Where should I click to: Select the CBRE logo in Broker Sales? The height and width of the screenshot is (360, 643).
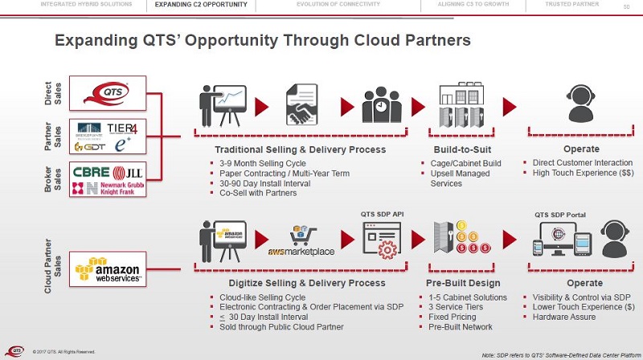click(x=92, y=172)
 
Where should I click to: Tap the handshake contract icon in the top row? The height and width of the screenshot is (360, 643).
click(x=303, y=105)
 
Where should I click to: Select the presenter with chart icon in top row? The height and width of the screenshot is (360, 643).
click(x=221, y=105)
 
